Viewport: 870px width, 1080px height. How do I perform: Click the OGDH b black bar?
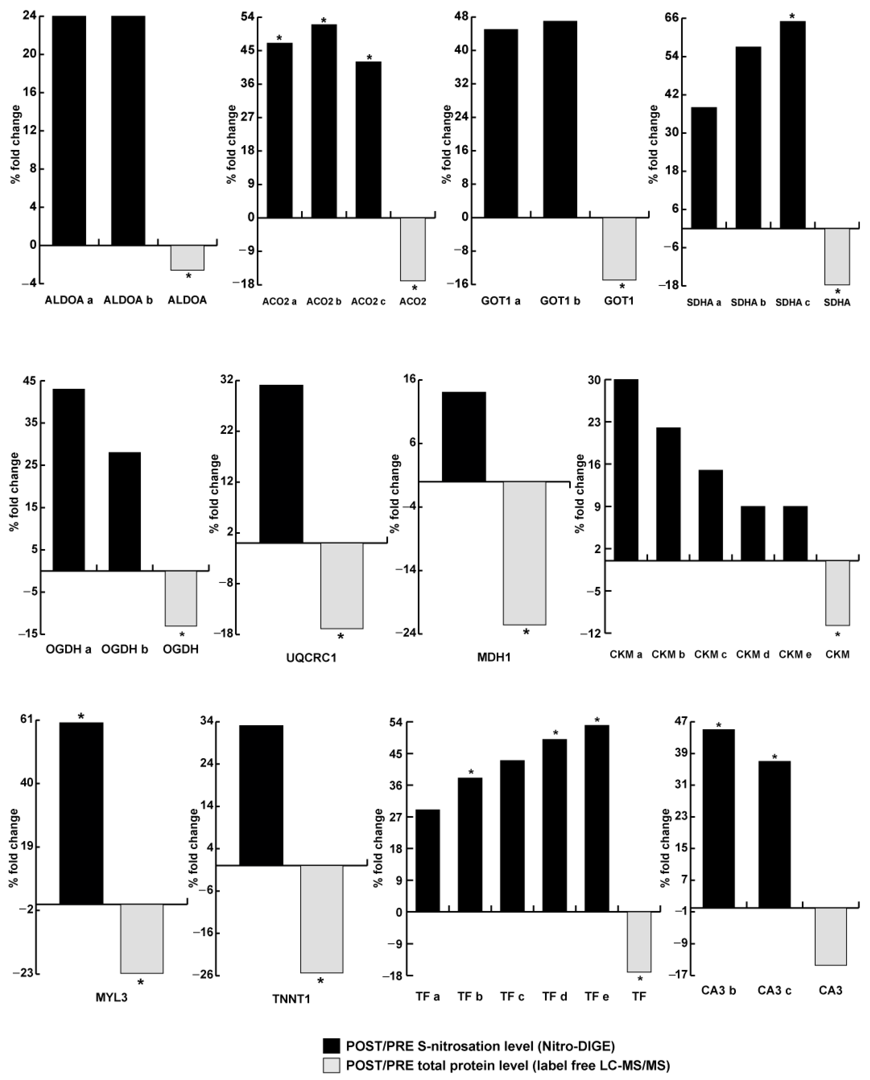click(125, 511)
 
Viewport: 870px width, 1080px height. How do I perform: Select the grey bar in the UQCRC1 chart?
click(342, 585)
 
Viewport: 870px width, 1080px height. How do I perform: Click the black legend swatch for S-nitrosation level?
click(331, 1046)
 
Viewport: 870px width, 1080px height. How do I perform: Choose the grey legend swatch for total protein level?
click(331, 1065)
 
